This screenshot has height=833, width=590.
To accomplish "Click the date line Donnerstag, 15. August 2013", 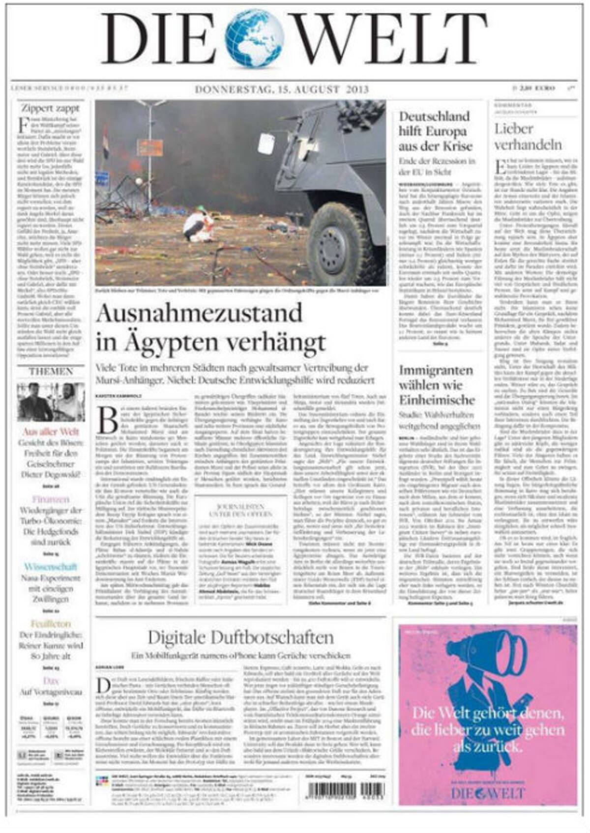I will pos(282,89).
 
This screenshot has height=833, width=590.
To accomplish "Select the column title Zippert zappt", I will pos(50,108).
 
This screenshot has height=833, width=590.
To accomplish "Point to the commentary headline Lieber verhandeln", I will pos(528,137).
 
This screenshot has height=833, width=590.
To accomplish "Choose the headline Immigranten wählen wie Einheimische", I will pos(437,385).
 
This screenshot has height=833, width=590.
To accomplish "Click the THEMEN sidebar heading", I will pos(51,371).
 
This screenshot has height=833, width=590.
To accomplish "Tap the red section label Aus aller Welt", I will pos(51,432).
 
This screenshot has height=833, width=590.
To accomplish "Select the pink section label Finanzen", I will pos(51,499).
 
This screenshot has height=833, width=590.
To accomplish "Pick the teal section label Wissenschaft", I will pos(51,567).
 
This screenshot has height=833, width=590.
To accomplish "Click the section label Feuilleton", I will pos(51,624).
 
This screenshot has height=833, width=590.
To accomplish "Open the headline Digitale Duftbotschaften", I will pos(240,637).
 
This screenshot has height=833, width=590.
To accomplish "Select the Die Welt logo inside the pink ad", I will pos(488,793).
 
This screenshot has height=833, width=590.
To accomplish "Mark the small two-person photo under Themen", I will pos(51,402).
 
